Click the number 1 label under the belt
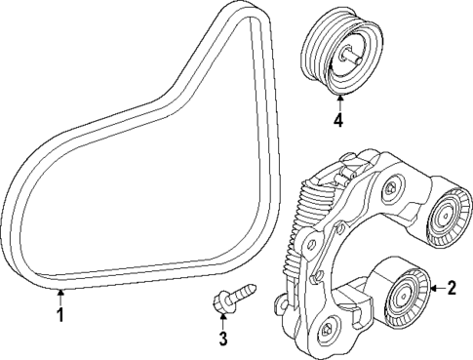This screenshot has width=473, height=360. tap(60, 315)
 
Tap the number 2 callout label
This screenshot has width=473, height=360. tap(451, 287)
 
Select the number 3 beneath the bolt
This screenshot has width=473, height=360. tap(222, 339)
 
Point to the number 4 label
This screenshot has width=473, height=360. tap(337, 122)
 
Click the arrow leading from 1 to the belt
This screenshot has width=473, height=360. tap(60, 297)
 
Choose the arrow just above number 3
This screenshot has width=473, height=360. tap(222, 321)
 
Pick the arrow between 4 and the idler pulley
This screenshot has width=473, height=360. tap(337, 103)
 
